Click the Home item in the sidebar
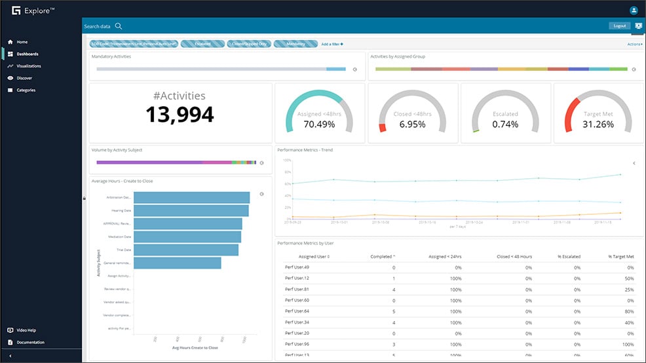(x=22, y=42)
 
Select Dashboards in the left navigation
(x=26, y=54)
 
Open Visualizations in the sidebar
(x=28, y=66)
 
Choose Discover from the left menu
(x=24, y=78)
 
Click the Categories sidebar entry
(x=26, y=90)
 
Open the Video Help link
(x=26, y=330)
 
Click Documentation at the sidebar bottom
(x=30, y=342)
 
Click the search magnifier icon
(x=119, y=26)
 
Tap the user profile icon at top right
(x=634, y=10)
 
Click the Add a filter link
(x=332, y=44)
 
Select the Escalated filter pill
(x=202, y=44)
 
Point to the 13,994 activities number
(x=180, y=115)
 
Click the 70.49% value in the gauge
(x=320, y=124)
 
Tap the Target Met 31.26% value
(x=598, y=124)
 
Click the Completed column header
(x=382, y=256)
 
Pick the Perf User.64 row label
(x=297, y=311)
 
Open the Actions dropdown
(x=634, y=44)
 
